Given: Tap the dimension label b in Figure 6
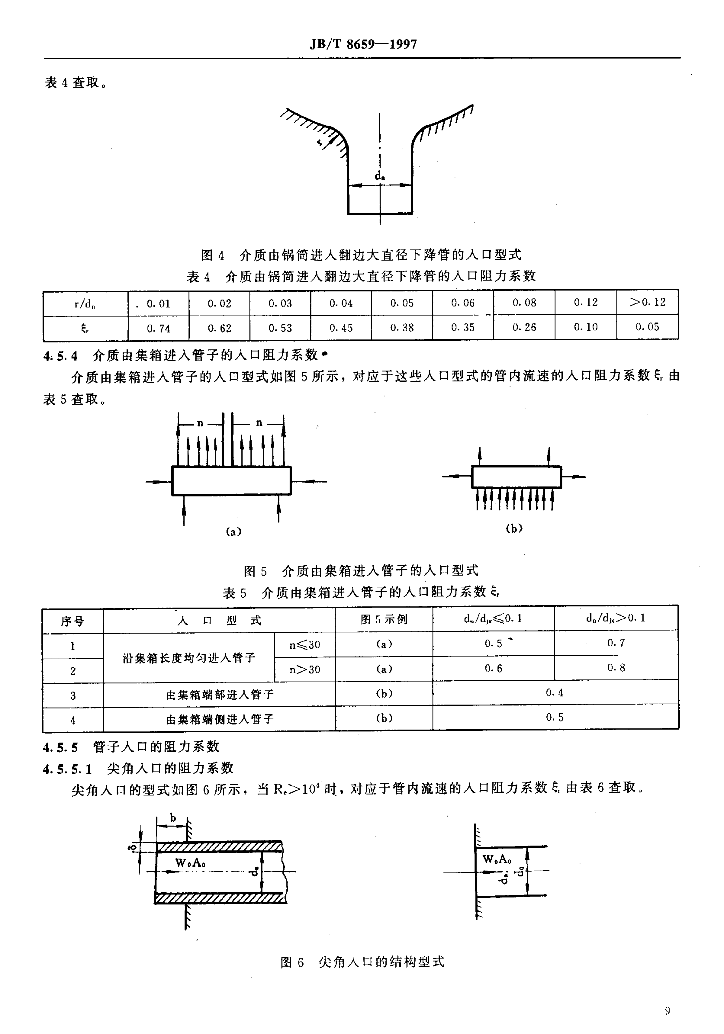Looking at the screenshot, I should (x=173, y=817).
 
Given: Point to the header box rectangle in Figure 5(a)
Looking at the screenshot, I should (x=231, y=481).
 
